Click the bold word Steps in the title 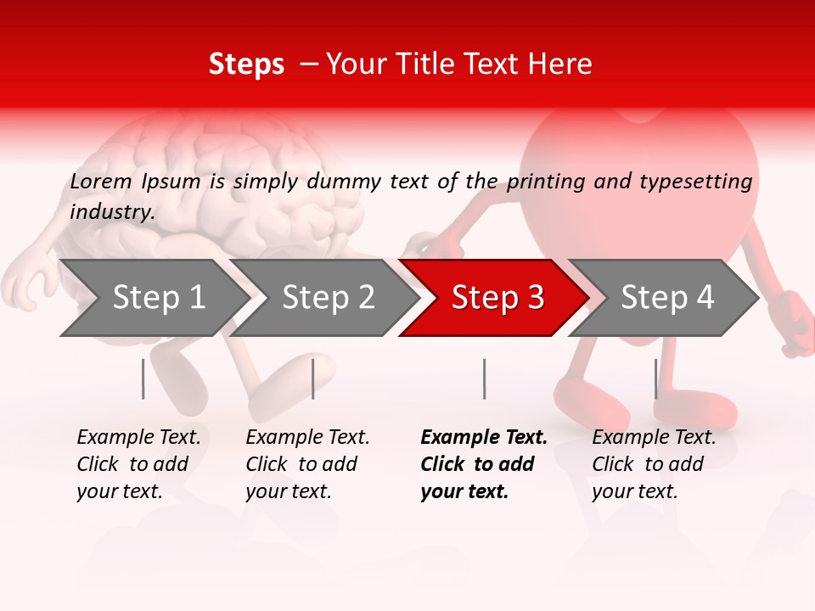(x=246, y=64)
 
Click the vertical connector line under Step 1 (x=143, y=378)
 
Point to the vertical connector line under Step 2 (x=313, y=378)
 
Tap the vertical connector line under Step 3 (x=484, y=378)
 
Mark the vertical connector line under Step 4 (x=655, y=378)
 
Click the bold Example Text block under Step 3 (x=483, y=464)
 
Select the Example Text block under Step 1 (x=138, y=464)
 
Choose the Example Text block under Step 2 (x=307, y=464)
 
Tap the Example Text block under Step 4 (x=654, y=464)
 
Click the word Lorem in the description (x=101, y=181)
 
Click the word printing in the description (x=543, y=182)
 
